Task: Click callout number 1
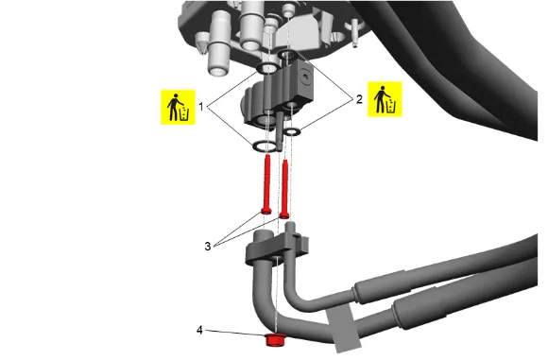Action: tap(200, 106)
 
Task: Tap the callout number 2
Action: tap(359, 99)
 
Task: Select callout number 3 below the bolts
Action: tap(208, 246)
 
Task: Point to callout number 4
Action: tap(199, 330)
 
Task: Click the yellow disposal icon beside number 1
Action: tap(178, 107)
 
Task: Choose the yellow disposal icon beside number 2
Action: tap(385, 99)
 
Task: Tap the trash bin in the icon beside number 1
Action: tap(184, 114)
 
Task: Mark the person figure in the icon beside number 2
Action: tap(381, 99)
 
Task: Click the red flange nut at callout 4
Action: tap(276, 340)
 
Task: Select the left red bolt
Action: tap(266, 184)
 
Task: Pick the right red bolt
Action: tap(284, 189)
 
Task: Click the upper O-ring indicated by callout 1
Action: tap(267, 68)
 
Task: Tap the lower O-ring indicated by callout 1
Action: tap(264, 146)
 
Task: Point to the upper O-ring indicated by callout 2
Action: tap(287, 54)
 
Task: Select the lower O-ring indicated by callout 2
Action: tap(292, 131)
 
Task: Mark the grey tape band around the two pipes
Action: tap(343, 328)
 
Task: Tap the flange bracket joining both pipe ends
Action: tap(277, 249)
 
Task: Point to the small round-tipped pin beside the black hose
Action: tap(355, 33)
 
